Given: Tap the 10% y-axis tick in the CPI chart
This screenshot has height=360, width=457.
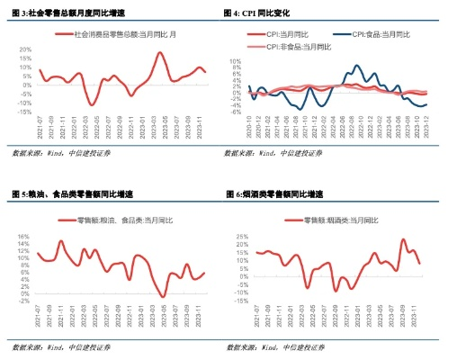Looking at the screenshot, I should (x=237, y=61).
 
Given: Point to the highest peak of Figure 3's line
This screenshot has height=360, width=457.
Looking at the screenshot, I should (x=159, y=53).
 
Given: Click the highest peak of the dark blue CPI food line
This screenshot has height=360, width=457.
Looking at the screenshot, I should (x=357, y=66).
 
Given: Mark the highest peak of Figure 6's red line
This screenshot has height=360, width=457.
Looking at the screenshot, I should (x=404, y=239).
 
